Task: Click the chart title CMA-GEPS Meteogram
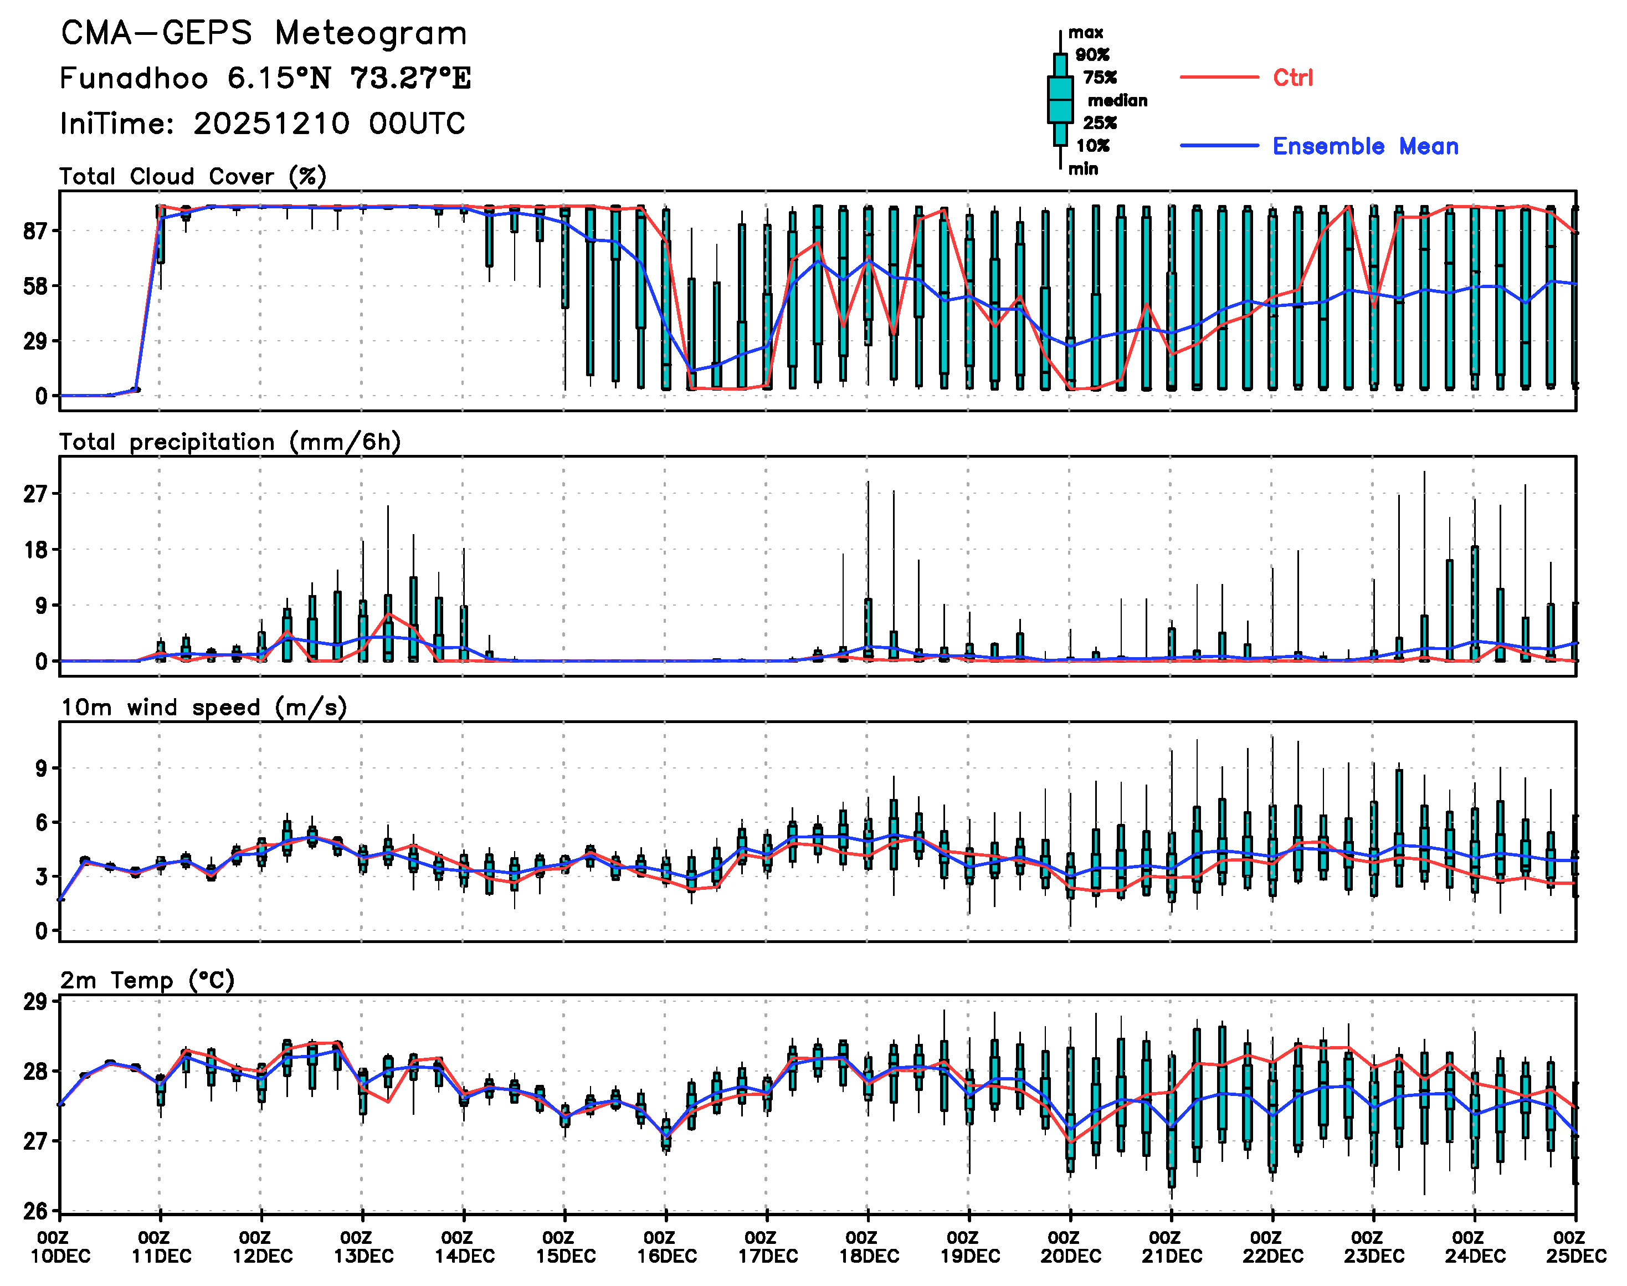click(x=264, y=34)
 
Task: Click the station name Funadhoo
click(x=134, y=78)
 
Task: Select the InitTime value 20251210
click(x=271, y=124)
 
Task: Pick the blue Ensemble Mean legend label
click(x=1364, y=146)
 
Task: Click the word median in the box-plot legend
click(x=1117, y=101)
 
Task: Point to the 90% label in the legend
click(x=1092, y=55)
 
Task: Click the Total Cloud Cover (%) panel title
click(x=193, y=176)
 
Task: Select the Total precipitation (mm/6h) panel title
click(x=230, y=442)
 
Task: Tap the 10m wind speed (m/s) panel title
click(x=203, y=708)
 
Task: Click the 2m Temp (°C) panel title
click(x=147, y=980)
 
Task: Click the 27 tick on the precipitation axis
click(x=35, y=494)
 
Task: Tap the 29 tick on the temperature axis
click(x=35, y=1002)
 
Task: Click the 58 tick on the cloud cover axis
click(x=35, y=286)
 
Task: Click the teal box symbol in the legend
click(x=1060, y=99)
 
